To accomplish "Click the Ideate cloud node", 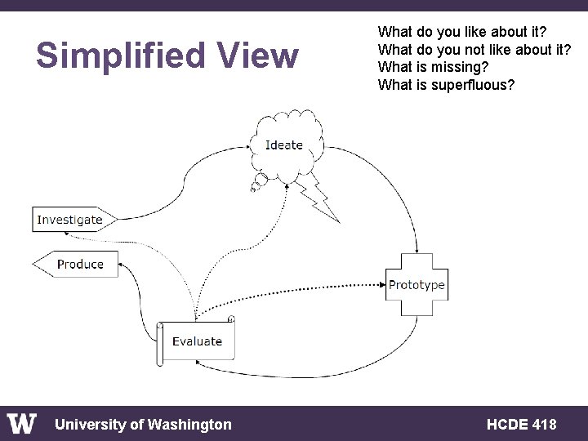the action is [284, 145].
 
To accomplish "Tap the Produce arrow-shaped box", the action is [77, 265].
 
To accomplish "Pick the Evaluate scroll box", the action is [196, 341].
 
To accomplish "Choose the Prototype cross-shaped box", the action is [416, 285].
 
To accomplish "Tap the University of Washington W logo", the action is [22, 424].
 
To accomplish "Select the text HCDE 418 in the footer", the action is [521, 424].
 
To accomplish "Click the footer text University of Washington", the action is [143, 424].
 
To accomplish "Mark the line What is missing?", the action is [433, 67].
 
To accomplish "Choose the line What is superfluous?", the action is [446, 84].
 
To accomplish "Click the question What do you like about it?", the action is [462, 32].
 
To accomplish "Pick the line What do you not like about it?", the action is [474, 49].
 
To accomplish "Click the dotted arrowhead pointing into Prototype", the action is [382, 285].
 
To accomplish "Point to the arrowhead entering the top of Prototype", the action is [417, 250].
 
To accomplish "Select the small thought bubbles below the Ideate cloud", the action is [257, 183].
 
